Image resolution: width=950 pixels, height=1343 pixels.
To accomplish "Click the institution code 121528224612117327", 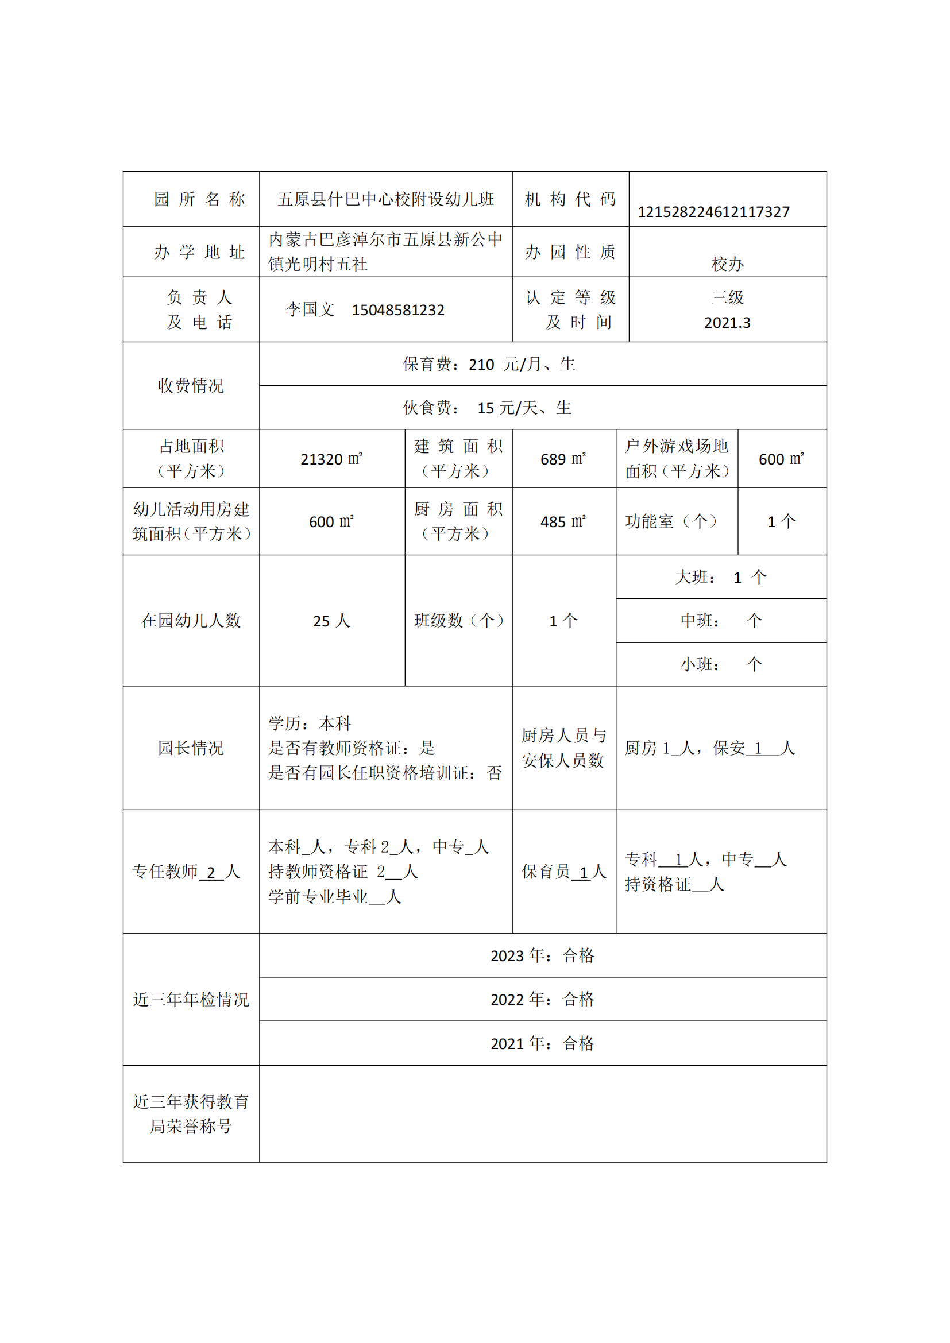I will [713, 212].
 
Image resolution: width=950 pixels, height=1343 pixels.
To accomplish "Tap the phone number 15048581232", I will [398, 310].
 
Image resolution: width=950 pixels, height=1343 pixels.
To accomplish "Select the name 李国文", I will [310, 309].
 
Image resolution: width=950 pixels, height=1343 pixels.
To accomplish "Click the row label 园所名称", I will [199, 199].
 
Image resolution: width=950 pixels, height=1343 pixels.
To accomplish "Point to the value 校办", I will [727, 264].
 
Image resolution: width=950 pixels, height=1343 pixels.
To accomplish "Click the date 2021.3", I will [727, 323].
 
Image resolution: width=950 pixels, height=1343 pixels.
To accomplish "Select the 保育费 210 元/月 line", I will [489, 365].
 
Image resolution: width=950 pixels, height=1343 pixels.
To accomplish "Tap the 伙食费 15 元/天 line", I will [486, 408].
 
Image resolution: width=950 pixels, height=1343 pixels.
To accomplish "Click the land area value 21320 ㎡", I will [331, 459].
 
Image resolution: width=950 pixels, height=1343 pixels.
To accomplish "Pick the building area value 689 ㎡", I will [563, 459].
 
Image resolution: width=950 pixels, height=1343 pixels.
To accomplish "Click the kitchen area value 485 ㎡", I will [563, 522].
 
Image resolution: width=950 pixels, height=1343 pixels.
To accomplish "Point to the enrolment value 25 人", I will [331, 621].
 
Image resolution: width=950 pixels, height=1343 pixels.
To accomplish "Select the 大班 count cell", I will [721, 577].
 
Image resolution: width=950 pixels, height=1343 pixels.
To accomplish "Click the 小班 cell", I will [721, 664].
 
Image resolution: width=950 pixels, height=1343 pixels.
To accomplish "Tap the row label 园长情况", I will [191, 748].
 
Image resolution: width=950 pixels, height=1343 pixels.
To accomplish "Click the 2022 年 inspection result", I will [542, 999].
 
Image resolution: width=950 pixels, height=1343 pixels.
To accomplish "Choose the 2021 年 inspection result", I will [542, 1043].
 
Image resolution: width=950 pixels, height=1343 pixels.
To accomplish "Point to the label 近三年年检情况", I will [191, 999].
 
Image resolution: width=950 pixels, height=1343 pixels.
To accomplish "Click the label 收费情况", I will [191, 385].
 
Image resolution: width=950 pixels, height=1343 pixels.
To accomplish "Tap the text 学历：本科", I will [310, 723].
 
